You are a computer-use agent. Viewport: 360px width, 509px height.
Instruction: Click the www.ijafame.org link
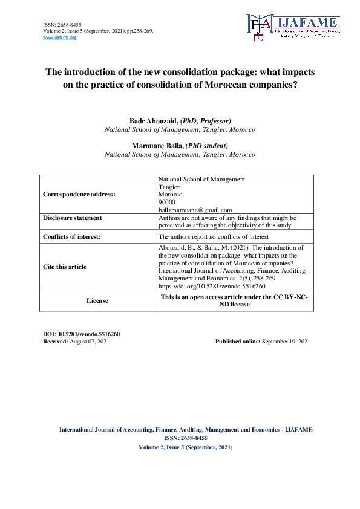60,37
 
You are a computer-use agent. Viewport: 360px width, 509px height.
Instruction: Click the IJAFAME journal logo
292,27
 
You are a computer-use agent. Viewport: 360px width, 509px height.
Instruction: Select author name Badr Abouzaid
153,122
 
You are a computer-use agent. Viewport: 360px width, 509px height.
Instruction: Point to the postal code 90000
166,201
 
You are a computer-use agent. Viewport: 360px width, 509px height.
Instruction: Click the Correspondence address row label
79,194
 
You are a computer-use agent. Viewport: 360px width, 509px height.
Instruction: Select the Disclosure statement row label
73,218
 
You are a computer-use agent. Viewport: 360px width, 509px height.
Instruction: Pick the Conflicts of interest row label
72,236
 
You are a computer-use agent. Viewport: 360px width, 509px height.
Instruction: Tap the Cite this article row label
65,267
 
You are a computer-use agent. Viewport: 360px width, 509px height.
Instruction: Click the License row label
97,300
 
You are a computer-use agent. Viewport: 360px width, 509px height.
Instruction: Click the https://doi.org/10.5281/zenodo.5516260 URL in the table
212,287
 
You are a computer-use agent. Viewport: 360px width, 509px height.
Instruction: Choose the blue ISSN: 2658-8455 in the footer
186,438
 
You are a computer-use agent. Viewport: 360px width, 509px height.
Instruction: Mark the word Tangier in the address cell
169,187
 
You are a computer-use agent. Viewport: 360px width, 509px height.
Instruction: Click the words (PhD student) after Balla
207,146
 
